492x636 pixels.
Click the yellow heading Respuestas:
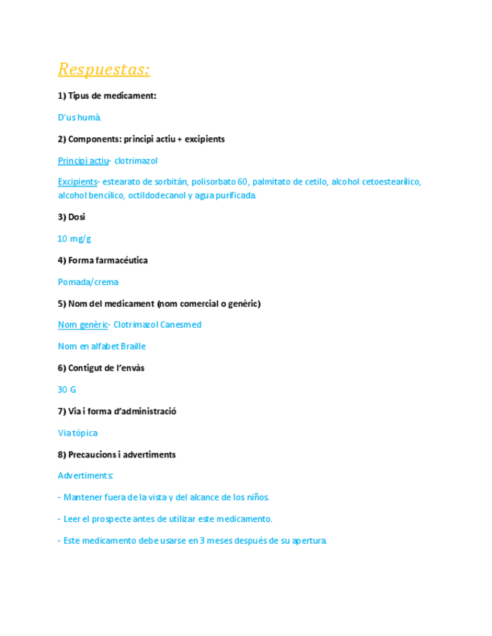pyautogui.click(x=104, y=70)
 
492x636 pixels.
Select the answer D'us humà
pyautogui.click(x=79, y=118)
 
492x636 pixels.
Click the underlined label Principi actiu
pyautogui.click(x=83, y=161)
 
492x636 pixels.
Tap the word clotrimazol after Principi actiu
pyautogui.click(x=136, y=161)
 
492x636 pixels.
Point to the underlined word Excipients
pyautogui.click(x=77, y=182)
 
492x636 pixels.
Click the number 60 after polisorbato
pyautogui.click(x=243, y=182)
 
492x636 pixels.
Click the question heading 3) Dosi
pyautogui.click(x=71, y=217)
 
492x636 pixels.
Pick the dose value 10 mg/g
pyautogui.click(x=74, y=239)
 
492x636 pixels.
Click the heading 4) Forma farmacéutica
pyautogui.click(x=102, y=261)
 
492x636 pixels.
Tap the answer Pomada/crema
pyautogui.click(x=88, y=283)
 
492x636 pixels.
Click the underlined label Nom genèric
pyautogui.click(x=83, y=325)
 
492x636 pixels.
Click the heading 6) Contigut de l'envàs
pyautogui.click(x=101, y=368)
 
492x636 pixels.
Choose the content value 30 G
pyautogui.click(x=67, y=390)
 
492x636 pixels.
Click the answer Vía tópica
pyautogui.click(x=77, y=433)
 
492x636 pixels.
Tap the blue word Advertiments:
pyautogui.click(x=86, y=476)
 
